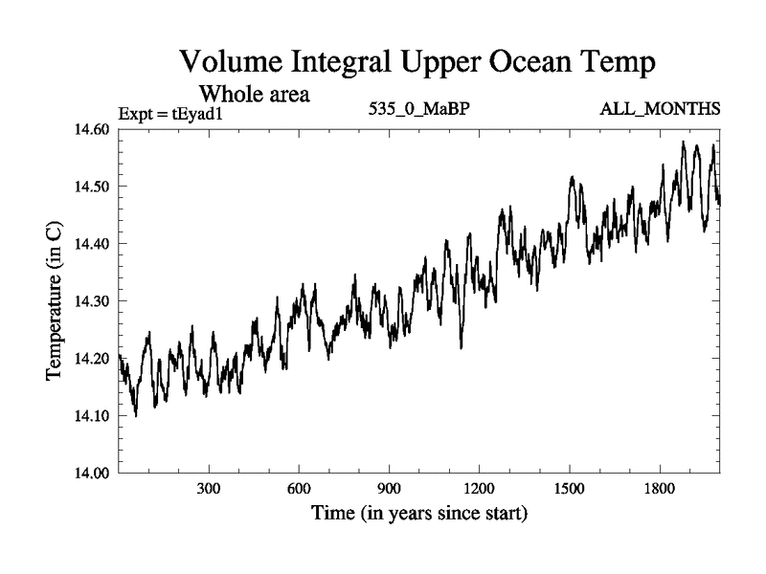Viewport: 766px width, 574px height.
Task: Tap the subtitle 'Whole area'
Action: click(253, 95)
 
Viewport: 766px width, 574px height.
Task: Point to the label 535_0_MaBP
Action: click(418, 108)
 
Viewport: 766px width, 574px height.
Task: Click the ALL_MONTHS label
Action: click(660, 108)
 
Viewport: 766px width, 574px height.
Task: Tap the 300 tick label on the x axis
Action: click(209, 489)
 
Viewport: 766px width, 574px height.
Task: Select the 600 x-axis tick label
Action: click(299, 489)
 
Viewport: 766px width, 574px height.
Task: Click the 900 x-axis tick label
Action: click(389, 489)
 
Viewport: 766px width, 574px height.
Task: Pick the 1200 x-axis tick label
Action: click(479, 489)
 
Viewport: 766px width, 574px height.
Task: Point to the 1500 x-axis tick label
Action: click(569, 489)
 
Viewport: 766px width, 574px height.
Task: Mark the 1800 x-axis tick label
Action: click(659, 489)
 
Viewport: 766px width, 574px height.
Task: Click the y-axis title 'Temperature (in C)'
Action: click(55, 301)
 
